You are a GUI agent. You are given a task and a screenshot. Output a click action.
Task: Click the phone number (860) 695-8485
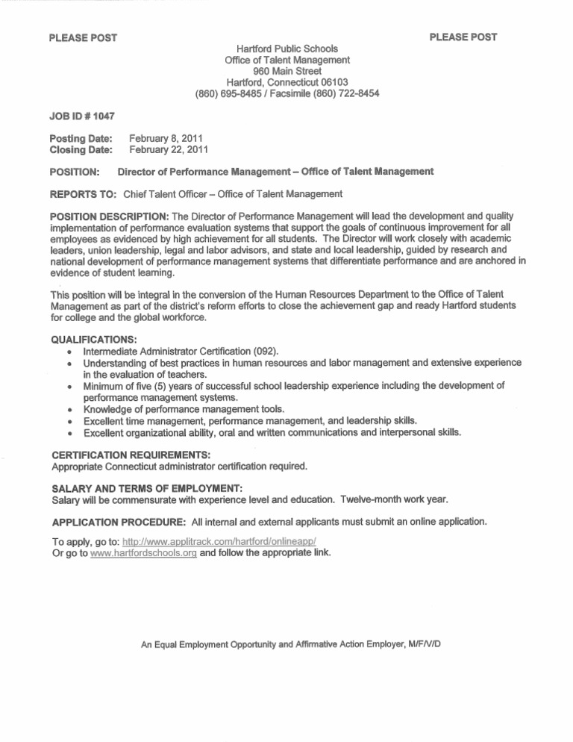click(x=228, y=94)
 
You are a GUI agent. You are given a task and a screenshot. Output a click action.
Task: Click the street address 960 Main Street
click(x=287, y=71)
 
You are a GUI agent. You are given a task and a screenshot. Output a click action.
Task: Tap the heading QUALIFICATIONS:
click(x=94, y=337)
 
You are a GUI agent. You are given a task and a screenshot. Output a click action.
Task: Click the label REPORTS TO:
click(x=82, y=195)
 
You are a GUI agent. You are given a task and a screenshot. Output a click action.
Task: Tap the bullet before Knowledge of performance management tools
click(x=69, y=410)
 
